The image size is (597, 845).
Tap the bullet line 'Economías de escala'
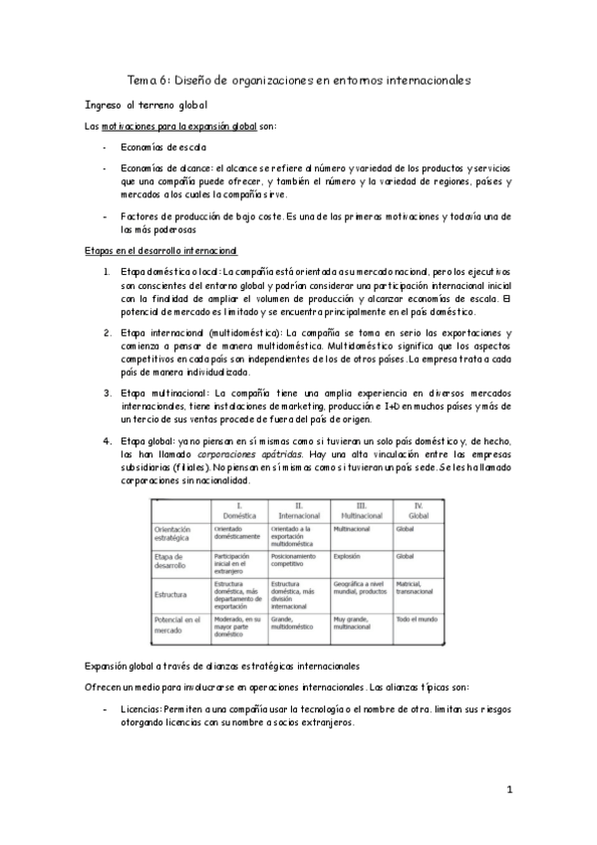pyautogui.click(x=157, y=146)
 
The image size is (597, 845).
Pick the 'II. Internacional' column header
pyautogui.click(x=297, y=510)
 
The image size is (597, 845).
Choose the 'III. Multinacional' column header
pyautogui.click(x=360, y=510)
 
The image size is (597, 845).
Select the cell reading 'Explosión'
pyautogui.click(x=348, y=556)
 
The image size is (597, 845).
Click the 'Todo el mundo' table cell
pyautogui.click(x=417, y=619)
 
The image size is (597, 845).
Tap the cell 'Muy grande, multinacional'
pyautogui.click(x=353, y=624)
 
